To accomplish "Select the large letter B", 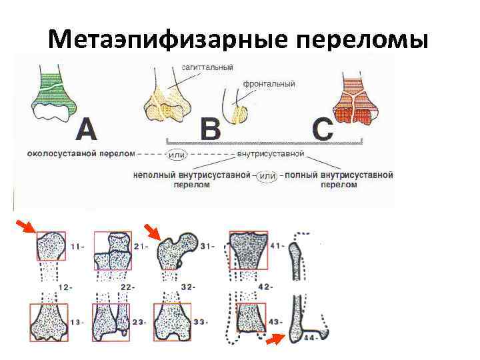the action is click(x=211, y=129).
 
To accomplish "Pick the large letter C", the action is click(x=323, y=129).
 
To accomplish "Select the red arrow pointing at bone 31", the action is click(x=152, y=232).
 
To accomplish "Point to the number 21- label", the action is click(x=141, y=247).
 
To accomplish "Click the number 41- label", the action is click(x=278, y=246).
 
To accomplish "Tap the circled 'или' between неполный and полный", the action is click(x=267, y=175).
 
